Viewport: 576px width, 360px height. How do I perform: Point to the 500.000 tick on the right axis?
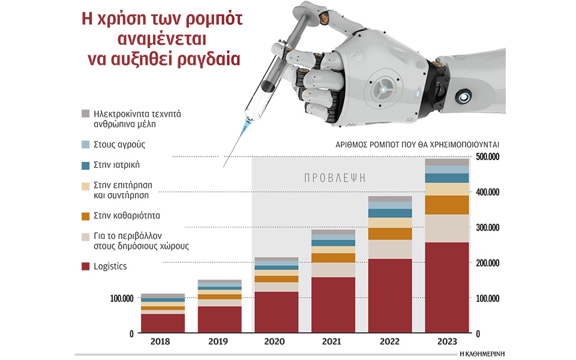[x=488, y=157]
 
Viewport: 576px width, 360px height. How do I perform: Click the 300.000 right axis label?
[x=488, y=228]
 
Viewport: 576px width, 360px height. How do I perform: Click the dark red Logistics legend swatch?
[x=85, y=266]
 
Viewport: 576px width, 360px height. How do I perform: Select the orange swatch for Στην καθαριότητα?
[x=85, y=215]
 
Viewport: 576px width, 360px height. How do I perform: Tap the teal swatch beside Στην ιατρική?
[x=85, y=165]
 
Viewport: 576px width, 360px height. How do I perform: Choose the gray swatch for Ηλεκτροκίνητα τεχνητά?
[x=85, y=113]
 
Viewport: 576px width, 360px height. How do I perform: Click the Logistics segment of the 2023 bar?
[x=447, y=288]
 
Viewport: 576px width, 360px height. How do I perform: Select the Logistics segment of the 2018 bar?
[x=163, y=323]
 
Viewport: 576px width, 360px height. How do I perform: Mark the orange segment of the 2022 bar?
[x=391, y=234]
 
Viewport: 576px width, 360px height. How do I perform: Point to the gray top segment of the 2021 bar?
[x=334, y=232]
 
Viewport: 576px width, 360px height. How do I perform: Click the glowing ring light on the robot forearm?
[x=465, y=95]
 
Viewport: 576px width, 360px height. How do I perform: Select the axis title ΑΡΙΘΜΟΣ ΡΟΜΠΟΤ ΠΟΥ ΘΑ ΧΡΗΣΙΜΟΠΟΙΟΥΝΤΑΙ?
[x=419, y=145]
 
